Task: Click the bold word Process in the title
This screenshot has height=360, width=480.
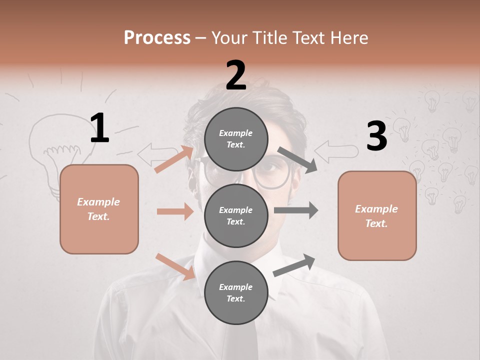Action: click(157, 37)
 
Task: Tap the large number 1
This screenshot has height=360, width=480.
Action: click(99, 128)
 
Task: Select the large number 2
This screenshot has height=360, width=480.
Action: click(236, 75)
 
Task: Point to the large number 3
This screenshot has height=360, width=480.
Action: click(376, 136)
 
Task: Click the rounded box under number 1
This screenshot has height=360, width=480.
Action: click(99, 209)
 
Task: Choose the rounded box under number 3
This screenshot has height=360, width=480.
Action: click(377, 215)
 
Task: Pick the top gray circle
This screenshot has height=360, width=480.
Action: click(236, 139)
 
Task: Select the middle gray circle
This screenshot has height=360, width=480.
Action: click(236, 215)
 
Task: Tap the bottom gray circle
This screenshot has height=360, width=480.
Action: click(236, 292)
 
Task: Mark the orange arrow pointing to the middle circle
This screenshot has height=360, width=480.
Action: click(175, 211)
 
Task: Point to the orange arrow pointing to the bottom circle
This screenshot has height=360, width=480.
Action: click(175, 266)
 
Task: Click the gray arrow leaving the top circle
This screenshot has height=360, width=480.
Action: click(297, 159)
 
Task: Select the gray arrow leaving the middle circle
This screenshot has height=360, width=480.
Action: click(296, 210)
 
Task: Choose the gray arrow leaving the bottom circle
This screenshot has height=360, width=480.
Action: click(294, 265)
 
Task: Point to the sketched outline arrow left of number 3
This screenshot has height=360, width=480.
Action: click(335, 151)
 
